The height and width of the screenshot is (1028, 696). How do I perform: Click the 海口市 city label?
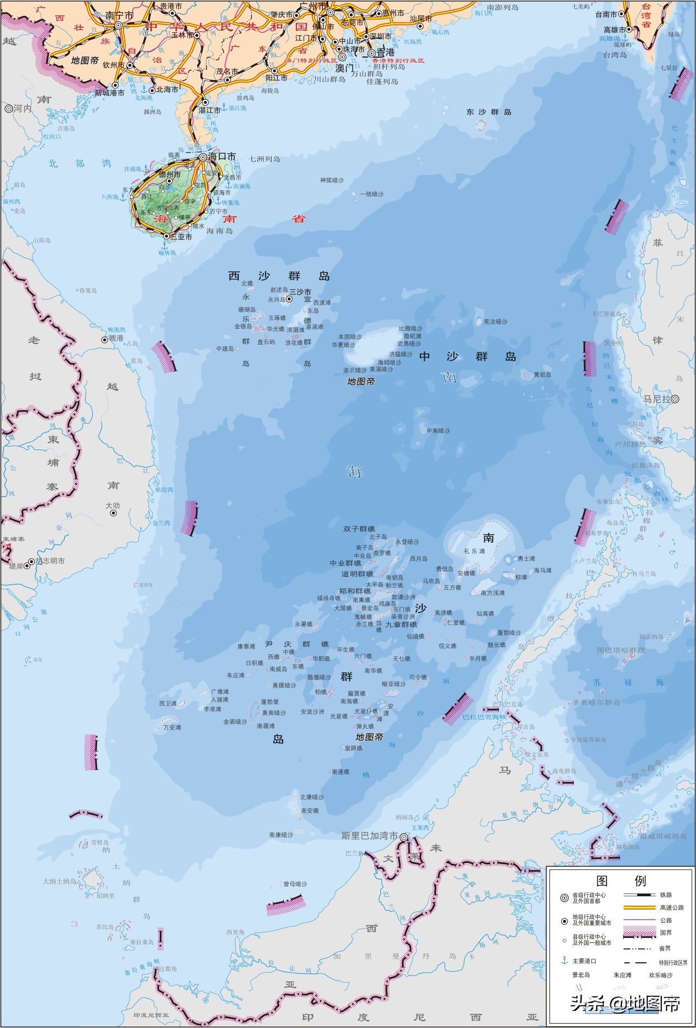222,156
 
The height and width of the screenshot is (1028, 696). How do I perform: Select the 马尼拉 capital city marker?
675,399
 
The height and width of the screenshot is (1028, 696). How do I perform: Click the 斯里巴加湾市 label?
369,835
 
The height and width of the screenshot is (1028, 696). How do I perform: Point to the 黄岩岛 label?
542,374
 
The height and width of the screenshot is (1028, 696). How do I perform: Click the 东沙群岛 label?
489,112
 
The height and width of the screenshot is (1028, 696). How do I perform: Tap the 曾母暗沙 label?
295,884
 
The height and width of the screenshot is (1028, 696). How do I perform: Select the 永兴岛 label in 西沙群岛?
277,300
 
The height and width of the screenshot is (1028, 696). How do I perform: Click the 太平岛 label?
375,585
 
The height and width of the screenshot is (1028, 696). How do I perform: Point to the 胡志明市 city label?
50,561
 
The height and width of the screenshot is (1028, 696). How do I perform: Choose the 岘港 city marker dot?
104,340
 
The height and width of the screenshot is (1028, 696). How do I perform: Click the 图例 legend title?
621,881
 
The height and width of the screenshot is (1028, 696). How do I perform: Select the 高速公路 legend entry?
672,907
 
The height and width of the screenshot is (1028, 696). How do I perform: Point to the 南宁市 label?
119,16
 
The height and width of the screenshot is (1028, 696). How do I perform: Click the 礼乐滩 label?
474,551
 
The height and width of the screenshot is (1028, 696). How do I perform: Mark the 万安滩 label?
172,727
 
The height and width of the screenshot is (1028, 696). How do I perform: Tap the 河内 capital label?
23,109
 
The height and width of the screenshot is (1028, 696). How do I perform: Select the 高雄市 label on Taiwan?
614,30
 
